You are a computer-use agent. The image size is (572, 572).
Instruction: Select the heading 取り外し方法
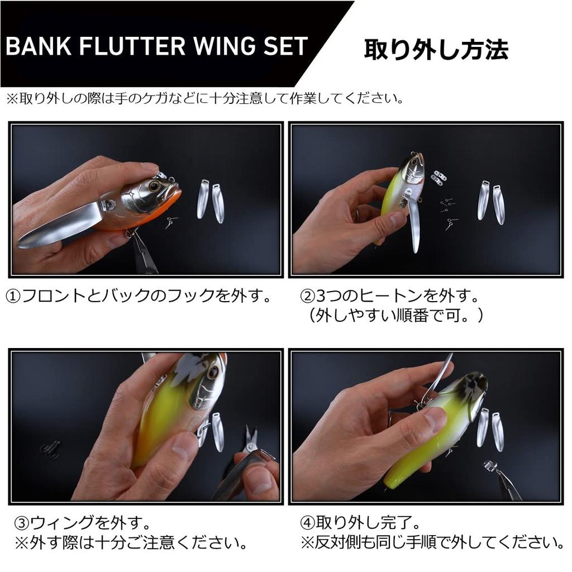coord(436,49)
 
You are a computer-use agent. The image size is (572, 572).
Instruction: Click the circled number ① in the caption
coord(13,295)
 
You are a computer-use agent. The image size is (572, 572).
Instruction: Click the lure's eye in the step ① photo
coord(154,186)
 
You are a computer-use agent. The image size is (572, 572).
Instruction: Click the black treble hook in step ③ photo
coord(51,449)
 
